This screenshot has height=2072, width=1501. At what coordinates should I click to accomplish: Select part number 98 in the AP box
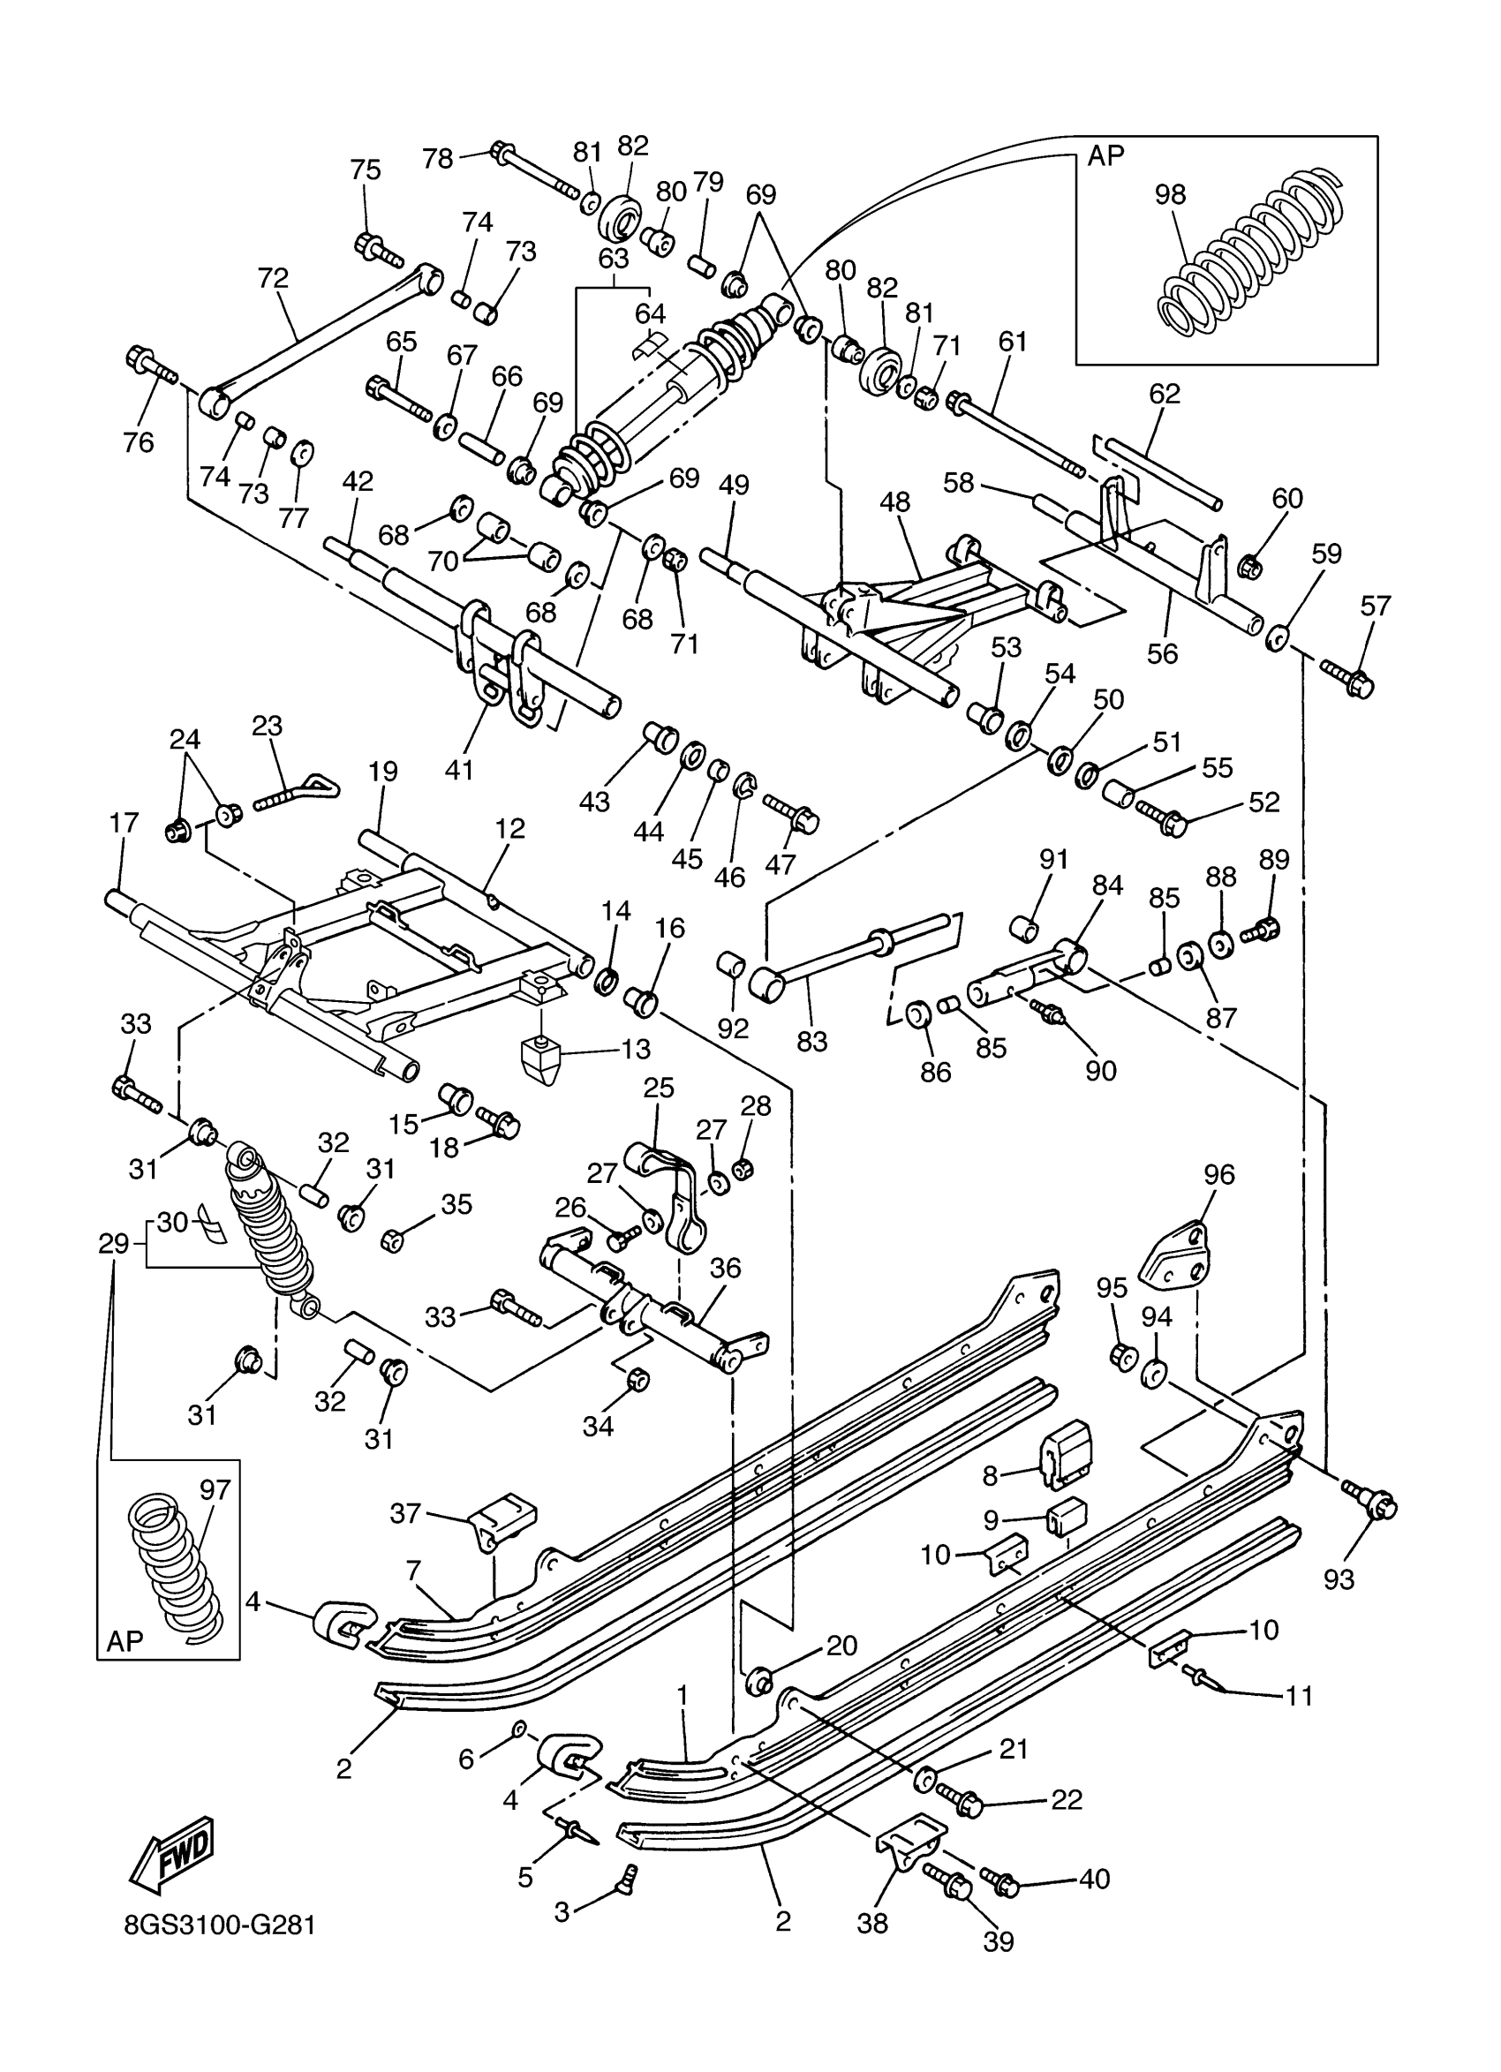click(x=1169, y=194)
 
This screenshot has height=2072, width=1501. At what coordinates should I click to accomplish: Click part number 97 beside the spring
click(x=215, y=1490)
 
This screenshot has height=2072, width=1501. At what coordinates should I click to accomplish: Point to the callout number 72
click(x=273, y=278)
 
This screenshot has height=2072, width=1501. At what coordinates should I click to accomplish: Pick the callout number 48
click(x=895, y=501)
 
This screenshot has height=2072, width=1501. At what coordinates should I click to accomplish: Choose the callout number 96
click(x=1219, y=1175)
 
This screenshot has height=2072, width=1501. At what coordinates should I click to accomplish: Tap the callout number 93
click(x=1339, y=1579)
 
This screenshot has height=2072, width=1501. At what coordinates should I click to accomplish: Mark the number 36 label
click(x=726, y=1268)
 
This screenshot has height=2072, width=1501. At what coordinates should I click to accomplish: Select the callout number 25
click(x=659, y=1088)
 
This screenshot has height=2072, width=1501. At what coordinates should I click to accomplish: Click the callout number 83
click(x=811, y=1041)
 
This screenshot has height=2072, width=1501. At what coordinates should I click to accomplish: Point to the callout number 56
click(x=1162, y=653)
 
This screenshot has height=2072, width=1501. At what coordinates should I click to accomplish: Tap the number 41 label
click(x=458, y=770)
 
